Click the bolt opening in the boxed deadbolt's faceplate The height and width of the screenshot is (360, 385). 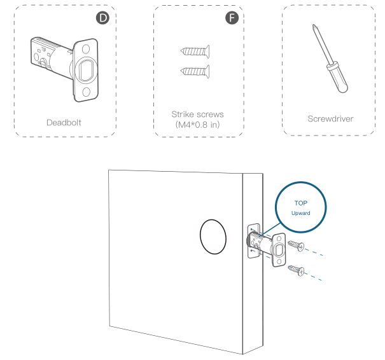pyautogui.click(x=86, y=70)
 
